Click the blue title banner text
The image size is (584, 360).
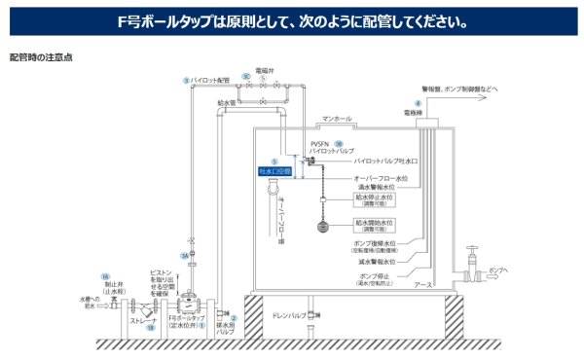tap(291, 20)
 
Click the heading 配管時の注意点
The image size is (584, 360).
tap(41, 57)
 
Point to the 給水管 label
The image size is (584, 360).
tap(227, 100)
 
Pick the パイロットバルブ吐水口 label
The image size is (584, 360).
tap(386, 161)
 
